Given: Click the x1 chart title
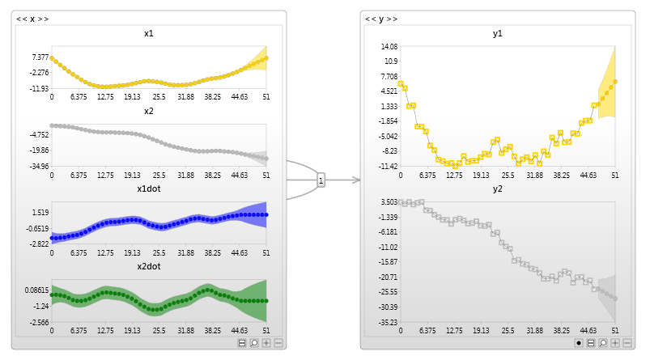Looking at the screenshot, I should click(149, 34).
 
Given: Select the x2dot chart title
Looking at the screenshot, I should click(149, 266).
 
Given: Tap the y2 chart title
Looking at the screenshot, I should click(498, 188).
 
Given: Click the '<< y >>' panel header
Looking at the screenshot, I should click(380, 19).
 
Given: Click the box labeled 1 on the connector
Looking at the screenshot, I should click(321, 180).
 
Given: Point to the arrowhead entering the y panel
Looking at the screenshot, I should click(355, 180).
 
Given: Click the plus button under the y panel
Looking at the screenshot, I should click(615, 343).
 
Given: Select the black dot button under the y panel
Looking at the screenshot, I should click(579, 343).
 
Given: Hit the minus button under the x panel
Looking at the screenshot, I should click(278, 343).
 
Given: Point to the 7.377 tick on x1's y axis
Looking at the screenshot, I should click(40, 57).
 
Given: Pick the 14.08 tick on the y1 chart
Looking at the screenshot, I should click(389, 46).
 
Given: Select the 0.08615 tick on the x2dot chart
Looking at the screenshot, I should click(36, 290).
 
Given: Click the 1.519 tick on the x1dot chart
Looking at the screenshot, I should click(40, 212).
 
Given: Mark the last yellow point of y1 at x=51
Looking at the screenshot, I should click(615, 81).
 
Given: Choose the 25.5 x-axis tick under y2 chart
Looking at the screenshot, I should click(508, 330).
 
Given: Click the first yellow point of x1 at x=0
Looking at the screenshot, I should click(52, 58).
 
